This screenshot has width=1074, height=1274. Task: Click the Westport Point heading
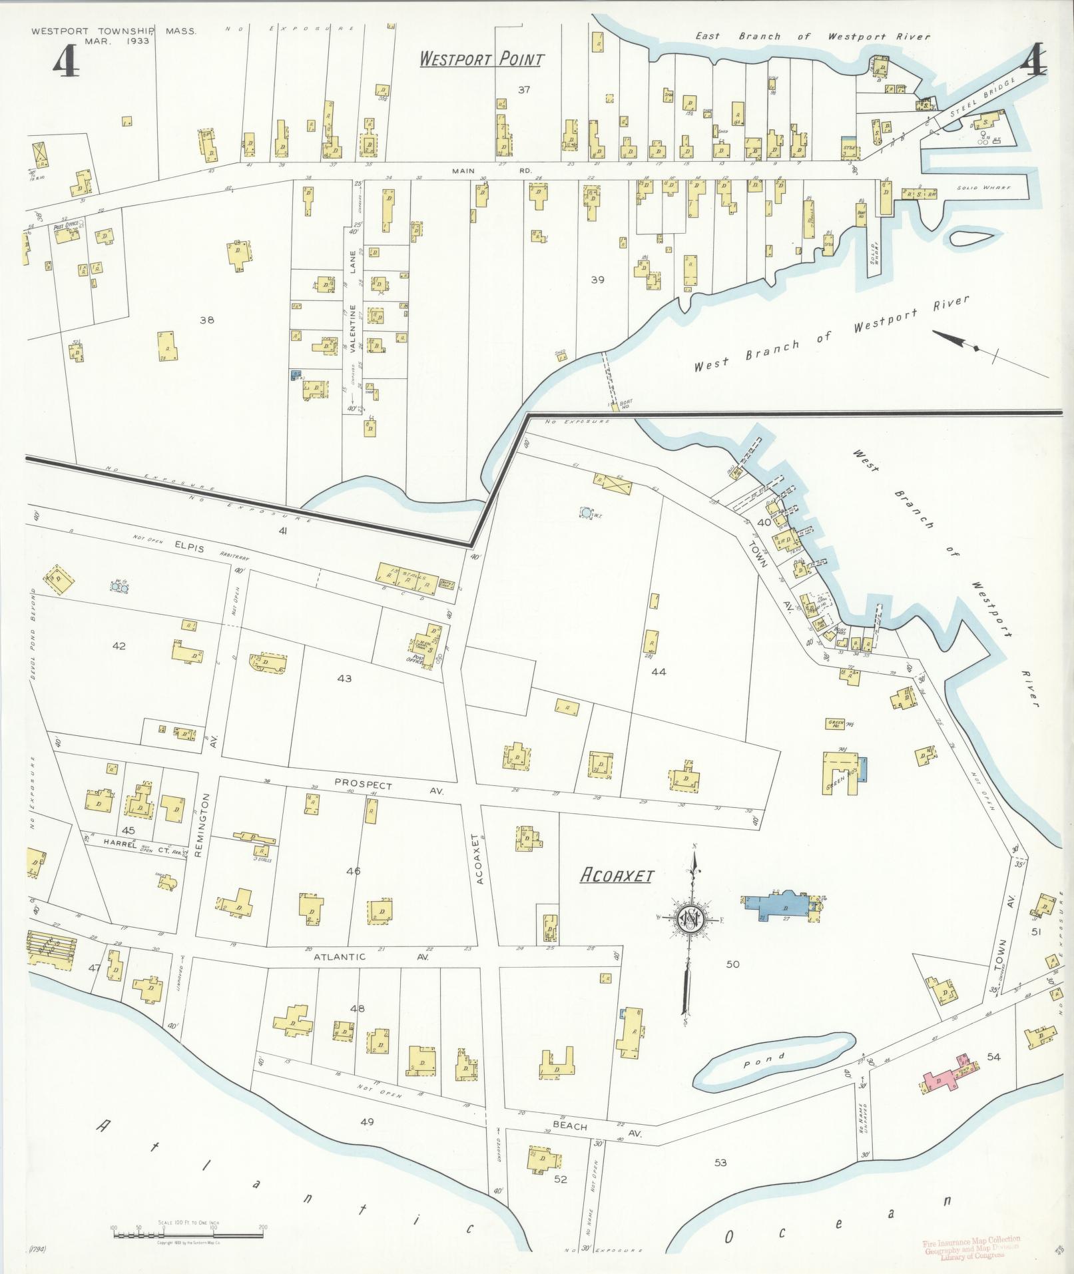[x=481, y=59]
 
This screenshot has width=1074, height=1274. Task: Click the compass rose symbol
[x=690, y=919]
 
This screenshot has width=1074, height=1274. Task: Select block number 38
[x=207, y=320]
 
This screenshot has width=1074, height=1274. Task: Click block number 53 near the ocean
[x=720, y=1163]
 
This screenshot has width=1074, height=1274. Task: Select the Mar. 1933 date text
[x=117, y=41]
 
